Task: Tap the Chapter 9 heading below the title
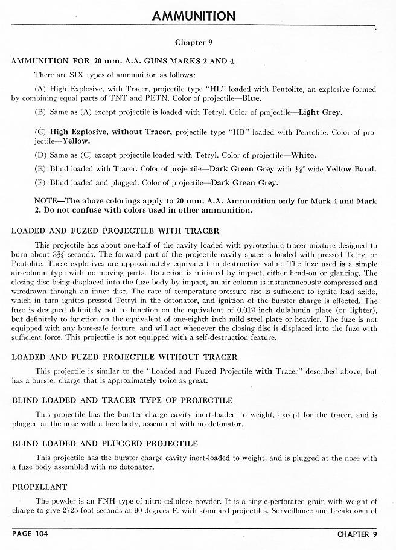(193, 43)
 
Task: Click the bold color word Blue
(252, 98)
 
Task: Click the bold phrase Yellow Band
(351, 169)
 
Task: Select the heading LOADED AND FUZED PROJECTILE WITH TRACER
(115, 231)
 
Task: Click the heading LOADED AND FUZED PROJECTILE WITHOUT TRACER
(124, 357)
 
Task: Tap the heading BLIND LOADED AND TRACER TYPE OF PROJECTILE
(122, 400)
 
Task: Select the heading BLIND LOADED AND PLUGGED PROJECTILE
(104, 444)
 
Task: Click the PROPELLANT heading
(39, 487)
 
